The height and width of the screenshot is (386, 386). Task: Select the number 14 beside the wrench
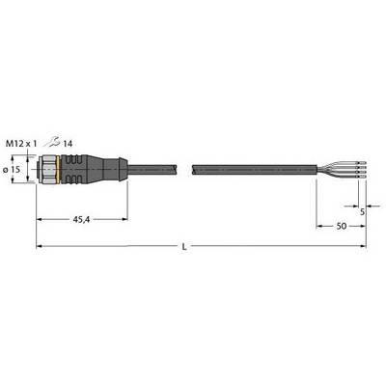tap(68, 144)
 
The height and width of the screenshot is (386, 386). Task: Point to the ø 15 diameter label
tap(12, 170)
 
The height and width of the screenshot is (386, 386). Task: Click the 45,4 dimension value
tap(81, 220)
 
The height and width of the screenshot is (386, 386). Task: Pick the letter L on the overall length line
tap(184, 247)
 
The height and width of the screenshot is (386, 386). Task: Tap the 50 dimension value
tap(342, 226)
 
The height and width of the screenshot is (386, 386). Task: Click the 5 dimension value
tap(363, 212)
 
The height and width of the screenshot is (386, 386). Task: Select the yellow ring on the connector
tap(58, 170)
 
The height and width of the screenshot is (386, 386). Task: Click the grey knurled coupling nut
tap(47, 170)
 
